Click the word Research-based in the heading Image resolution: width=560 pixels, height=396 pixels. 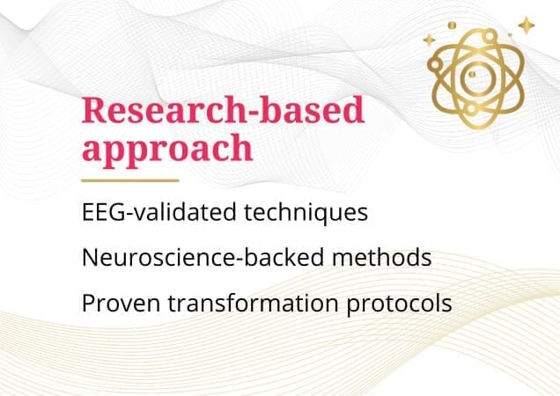pyautogui.click(x=223, y=113)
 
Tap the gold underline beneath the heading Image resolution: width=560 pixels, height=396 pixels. pyautogui.click(x=129, y=180)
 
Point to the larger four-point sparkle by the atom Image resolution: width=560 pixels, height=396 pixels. pyautogui.click(x=526, y=26)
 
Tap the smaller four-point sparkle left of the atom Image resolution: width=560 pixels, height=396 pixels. pyautogui.click(x=429, y=40)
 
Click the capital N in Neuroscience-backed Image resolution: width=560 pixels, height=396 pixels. pyautogui.click(x=89, y=258)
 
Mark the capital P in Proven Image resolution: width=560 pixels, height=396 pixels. pyautogui.click(x=87, y=303)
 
